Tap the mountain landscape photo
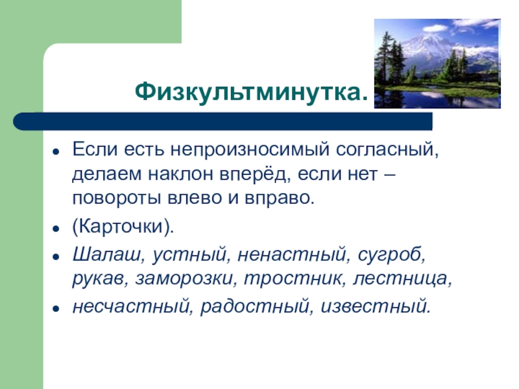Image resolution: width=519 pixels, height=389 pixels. tap(437, 63)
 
